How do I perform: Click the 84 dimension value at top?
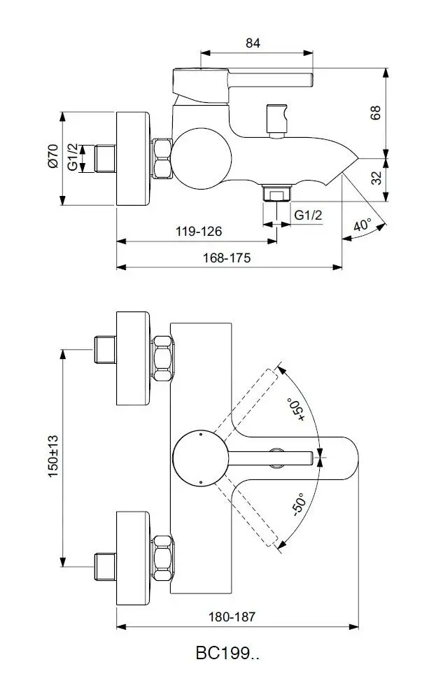coord(253,43)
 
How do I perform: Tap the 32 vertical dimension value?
coord(376,177)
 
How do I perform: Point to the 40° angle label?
coord(363,225)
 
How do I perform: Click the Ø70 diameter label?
coord(52,156)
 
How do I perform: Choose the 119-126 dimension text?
coord(199,232)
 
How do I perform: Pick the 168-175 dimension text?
coord(227,258)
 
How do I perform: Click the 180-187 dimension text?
coord(232,617)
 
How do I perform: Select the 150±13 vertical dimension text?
coord(53,456)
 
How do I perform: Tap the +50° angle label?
coord(296,409)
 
